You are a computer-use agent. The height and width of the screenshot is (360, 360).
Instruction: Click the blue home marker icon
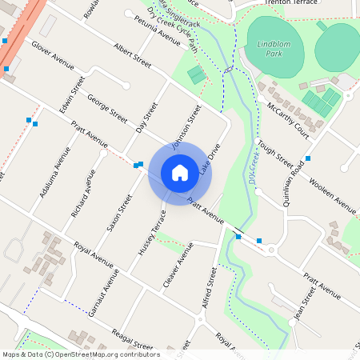(x=180, y=172)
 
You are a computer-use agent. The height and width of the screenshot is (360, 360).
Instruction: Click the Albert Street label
(x=133, y=57)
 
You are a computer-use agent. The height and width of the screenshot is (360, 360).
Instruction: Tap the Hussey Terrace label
(x=151, y=233)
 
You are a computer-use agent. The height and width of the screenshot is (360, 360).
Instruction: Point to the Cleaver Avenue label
(x=178, y=270)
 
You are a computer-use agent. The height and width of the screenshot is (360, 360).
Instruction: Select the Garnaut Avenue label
(x=104, y=292)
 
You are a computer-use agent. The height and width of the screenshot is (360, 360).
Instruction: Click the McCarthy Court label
(x=288, y=118)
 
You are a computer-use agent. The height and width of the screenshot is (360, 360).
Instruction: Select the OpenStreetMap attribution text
(x=80, y=354)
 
